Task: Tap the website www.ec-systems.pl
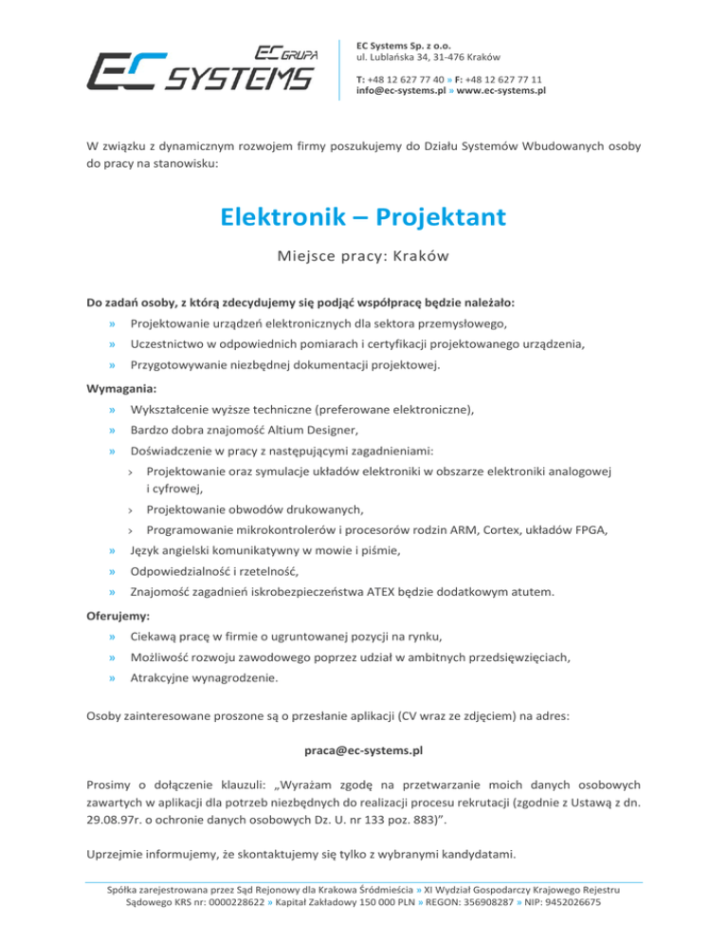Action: click(x=500, y=91)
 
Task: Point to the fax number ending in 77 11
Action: click(x=507, y=81)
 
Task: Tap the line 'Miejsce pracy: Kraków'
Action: click(x=363, y=257)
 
